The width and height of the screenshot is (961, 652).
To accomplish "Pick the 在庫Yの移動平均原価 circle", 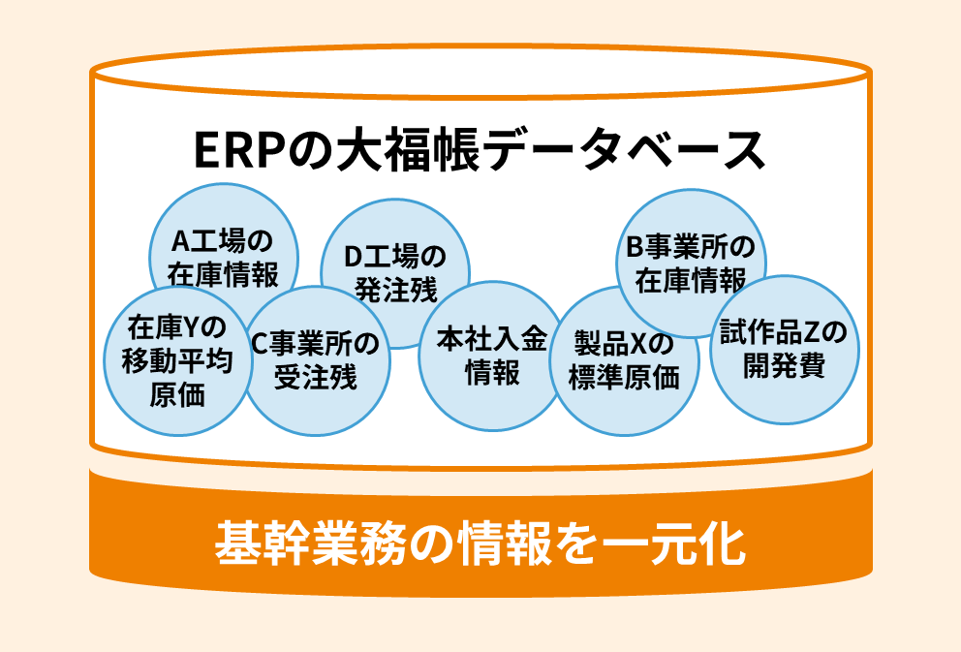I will click(x=177, y=361).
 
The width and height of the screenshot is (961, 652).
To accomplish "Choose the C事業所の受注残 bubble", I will click(x=316, y=359).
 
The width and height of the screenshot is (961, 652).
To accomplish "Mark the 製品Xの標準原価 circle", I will click(x=624, y=360).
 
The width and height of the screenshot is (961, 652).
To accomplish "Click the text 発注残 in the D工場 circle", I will click(x=395, y=289).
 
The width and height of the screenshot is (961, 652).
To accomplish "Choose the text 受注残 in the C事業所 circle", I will click(x=316, y=376).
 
